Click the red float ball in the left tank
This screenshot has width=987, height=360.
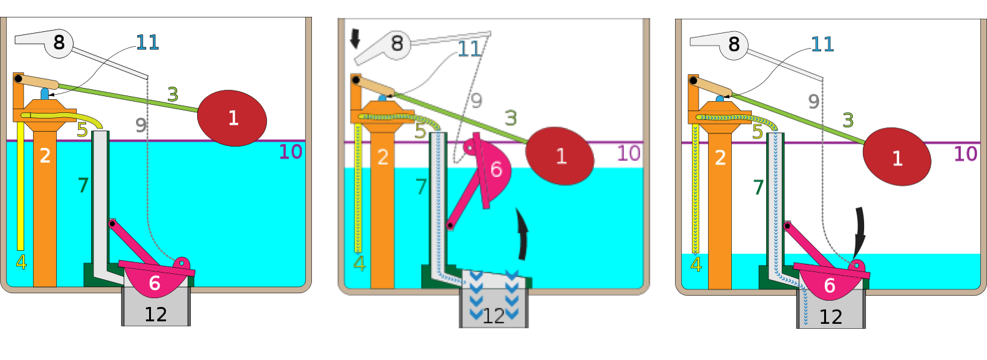click(232, 118)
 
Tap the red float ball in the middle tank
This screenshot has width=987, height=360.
click(560, 156)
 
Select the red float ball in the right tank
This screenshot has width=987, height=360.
click(897, 157)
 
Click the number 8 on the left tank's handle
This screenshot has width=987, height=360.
click(59, 42)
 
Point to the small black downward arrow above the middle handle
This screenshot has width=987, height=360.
click(355, 38)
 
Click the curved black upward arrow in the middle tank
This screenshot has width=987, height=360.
click(522, 234)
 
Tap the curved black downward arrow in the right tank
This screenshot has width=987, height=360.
click(860, 230)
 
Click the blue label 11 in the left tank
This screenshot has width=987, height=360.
click(148, 42)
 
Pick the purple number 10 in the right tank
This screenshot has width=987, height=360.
click(965, 153)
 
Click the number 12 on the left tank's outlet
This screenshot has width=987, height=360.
click(155, 314)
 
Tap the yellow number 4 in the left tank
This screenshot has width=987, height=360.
click(21, 262)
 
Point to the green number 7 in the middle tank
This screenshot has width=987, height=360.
click(421, 187)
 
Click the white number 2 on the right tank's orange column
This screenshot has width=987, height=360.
click(720, 157)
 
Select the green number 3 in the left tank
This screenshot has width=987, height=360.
click(173, 94)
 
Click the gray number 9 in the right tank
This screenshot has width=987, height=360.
click(813, 101)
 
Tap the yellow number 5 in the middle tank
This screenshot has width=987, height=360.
click(420, 132)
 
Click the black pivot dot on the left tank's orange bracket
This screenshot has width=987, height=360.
click(18, 79)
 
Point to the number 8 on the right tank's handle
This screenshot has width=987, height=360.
click(734, 44)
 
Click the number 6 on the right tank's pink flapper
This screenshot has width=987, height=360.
click(829, 285)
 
